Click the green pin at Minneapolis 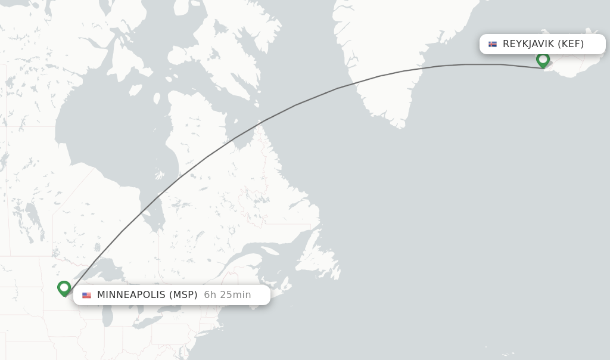pyautogui.click(x=64, y=288)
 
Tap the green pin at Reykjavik pyautogui.click(x=543, y=60)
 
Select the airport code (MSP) pyautogui.click(x=183, y=295)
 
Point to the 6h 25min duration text pyautogui.click(x=228, y=295)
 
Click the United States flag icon pyautogui.click(x=87, y=295)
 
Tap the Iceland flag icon pyautogui.click(x=493, y=44)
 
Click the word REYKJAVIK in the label pyautogui.click(x=528, y=44)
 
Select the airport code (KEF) pyautogui.click(x=571, y=44)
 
